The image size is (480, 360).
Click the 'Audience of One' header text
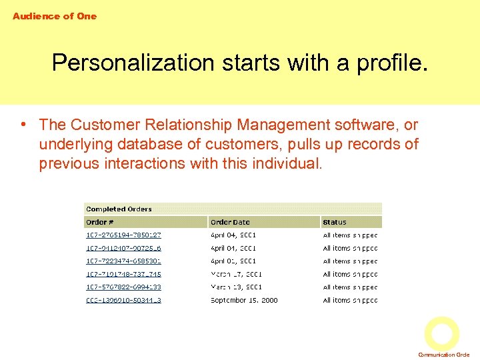(x=54, y=16)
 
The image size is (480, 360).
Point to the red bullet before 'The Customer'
(x=23, y=124)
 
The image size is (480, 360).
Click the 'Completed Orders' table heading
(x=119, y=209)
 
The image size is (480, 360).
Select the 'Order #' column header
(x=99, y=222)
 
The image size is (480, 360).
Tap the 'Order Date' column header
(x=230, y=222)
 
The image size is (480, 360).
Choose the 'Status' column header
(x=335, y=222)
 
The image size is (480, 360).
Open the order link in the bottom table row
(x=123, y=300)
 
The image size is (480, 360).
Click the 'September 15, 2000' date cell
(x=243, y=300)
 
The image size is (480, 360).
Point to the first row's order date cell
(x=233, y=235)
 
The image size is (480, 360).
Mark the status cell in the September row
(x=350, y=300)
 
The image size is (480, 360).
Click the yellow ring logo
(x=442, y=334)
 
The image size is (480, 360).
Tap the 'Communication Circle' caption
(x=443, y=355)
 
